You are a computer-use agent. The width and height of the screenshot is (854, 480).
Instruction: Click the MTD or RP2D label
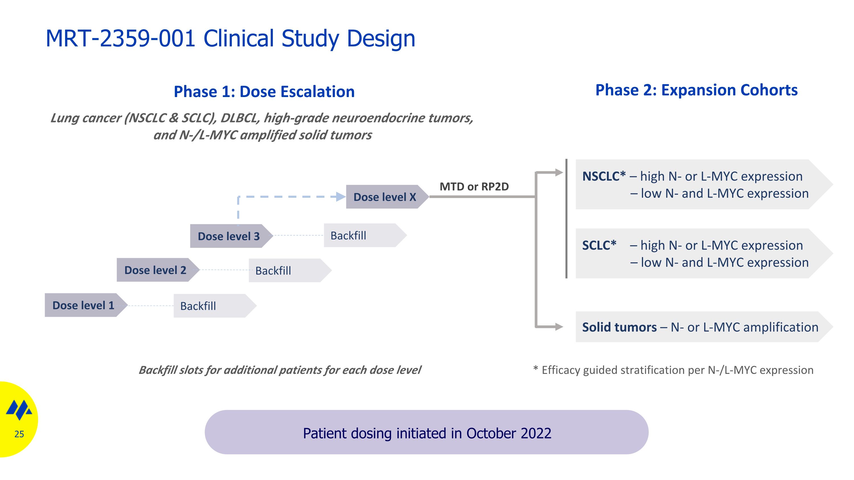click(x=474, y=186)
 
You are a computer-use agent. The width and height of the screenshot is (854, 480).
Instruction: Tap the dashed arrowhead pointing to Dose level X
click(x=340, y=197)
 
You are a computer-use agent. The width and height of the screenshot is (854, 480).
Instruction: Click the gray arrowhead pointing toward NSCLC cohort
click(x=559, y=172)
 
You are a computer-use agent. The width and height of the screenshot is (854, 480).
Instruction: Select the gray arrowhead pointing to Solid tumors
click(x=559, y=327)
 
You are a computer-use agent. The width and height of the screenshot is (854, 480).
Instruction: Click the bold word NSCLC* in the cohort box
click(x=604, y=176)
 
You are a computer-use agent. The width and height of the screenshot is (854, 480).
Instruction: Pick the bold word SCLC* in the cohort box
click(x=599, y=245)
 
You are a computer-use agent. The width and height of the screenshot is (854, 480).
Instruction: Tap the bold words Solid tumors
click(x=619, y=327)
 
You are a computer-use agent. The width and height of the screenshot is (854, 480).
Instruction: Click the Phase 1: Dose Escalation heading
click(x=264, y=92)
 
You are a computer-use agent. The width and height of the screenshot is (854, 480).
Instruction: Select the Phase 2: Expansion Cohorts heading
click(x=697, y=90)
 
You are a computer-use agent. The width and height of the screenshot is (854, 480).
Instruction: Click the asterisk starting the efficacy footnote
click(x=535, y=368)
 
